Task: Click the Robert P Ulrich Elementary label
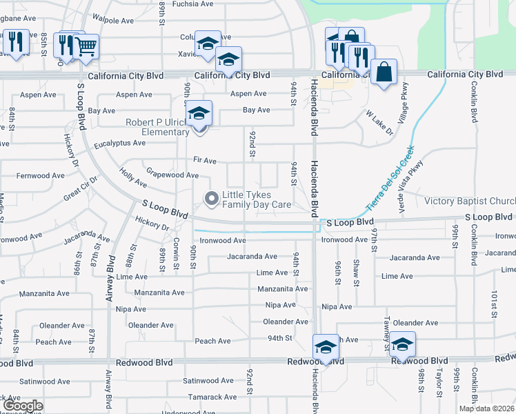[x=157, y=128]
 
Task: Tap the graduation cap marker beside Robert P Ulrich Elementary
[x=199, y=112]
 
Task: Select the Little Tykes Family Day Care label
[x=257, y=199]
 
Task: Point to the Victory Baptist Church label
[x=470, y=201]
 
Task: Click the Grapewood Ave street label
[x=172, y=175]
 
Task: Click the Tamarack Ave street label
[x=214, y=397]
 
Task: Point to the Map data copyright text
[x=486, y=408]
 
